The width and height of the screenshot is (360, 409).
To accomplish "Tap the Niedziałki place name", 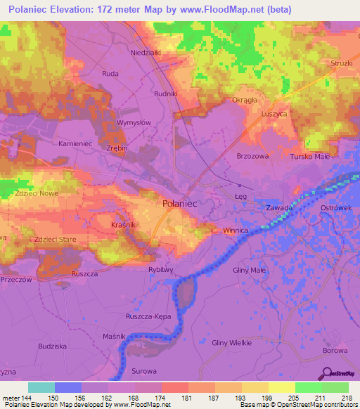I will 146,52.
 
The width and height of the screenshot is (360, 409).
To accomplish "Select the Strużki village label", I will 340,63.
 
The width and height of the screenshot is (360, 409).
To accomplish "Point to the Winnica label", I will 236,230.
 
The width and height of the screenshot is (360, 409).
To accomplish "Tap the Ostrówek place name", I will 335,209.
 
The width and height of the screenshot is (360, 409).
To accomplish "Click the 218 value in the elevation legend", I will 346,398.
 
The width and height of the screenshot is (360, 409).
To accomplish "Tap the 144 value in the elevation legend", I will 28,398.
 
